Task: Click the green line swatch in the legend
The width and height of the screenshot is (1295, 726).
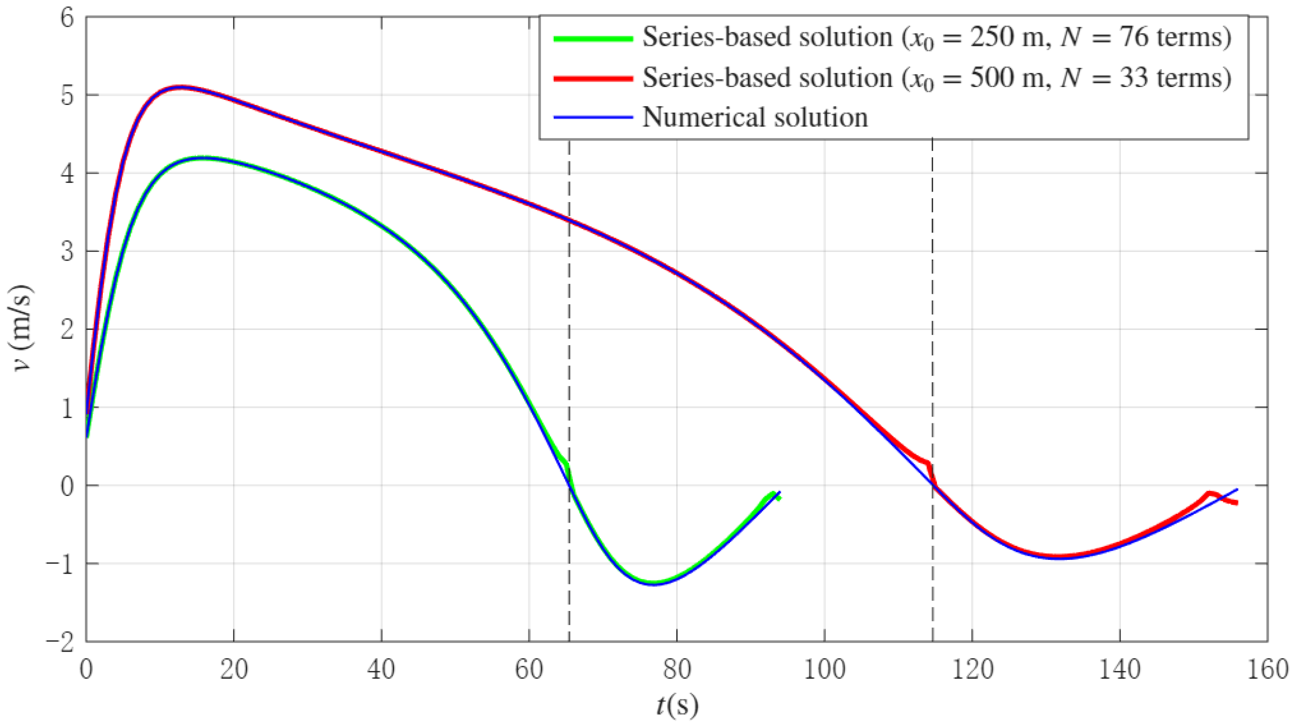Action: pos(593,39)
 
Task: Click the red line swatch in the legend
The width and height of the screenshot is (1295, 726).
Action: pos(593,78)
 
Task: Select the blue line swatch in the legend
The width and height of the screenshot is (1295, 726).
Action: pos(593,118)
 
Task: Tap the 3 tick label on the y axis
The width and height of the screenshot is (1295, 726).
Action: pos(67,252)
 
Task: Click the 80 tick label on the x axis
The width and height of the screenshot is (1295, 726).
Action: pos(677,670)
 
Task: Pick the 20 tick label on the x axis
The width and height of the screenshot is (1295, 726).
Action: pos(234,670)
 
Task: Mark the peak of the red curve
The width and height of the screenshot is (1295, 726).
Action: pos(181,87)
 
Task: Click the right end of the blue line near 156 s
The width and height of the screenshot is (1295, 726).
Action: pos(1237,490)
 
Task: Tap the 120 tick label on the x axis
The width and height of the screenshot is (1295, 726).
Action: pos(972,670)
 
